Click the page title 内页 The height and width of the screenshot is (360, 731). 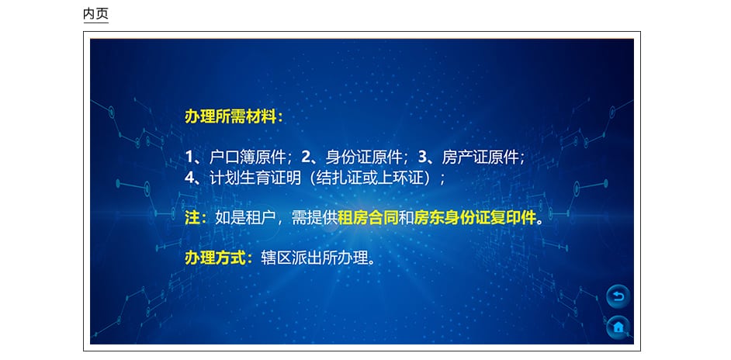pyautogui.click(x=95, y=13)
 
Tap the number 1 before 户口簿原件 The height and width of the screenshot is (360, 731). pyautogui.click(x=189, y=157)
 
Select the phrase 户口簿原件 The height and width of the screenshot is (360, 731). pyautogui.click(x=248, y=157)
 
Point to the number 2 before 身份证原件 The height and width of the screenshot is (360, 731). pyautogui.click(x=306, y=157)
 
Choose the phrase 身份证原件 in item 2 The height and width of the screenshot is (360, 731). pyautogui.click(x=364, y=157)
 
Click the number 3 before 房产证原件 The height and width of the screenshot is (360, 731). pyautogui.click(x=422, y=157)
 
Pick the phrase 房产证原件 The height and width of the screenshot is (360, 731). pyautogui.click(x=480, y=157)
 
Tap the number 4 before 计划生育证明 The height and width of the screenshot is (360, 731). pyautogui.click(x=189, y=178)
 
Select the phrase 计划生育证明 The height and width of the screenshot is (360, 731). pyautogui.click(x=255, y=178)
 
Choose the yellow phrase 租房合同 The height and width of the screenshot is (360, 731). pyautogui.click(x=369, y=218)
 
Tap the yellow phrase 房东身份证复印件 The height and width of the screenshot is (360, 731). pyautogui.click(x=475, y=218)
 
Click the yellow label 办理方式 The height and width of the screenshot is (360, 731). pyautogui.click(x=215, y=258)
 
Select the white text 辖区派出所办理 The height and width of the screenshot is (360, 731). pyautogui.click(x=314, y=258)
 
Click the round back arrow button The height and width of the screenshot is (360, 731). pyautogui.click(x=618, y=296)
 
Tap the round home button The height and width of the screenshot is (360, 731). pyautogui.click(x=618, y=327)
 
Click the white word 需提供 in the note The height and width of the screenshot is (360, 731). pyautogui.click(x=314, y=218)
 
